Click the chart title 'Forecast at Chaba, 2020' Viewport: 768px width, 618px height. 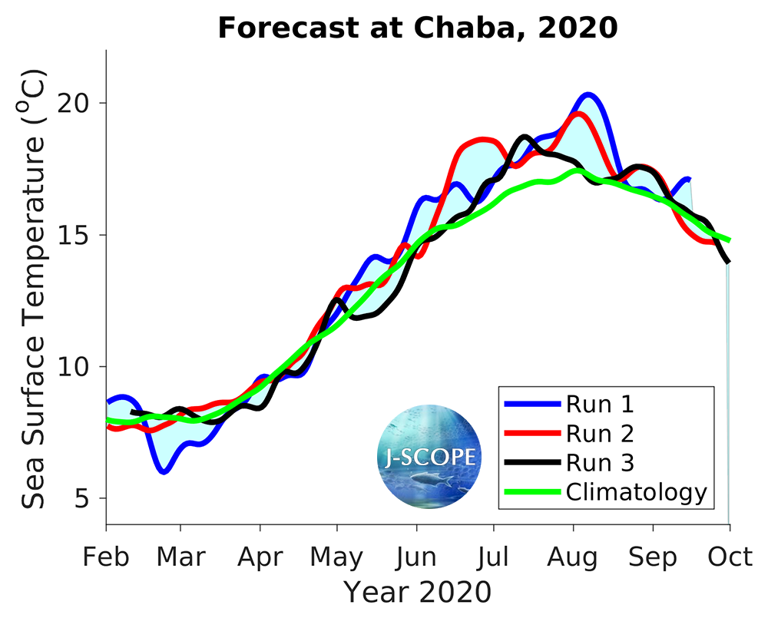click(418, 28)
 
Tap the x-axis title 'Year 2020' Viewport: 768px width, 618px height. click(417, 592)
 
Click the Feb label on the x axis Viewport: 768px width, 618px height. click(106, 557)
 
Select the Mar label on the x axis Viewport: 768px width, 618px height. click(180, 557)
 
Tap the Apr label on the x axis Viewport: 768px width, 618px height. click(260, 557)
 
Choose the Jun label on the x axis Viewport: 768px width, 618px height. click(416, 557)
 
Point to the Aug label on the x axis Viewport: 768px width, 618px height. click(573, 557)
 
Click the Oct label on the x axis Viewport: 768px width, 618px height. click(729, 557)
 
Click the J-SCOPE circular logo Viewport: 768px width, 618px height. click(429, 458)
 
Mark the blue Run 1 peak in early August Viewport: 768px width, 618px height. click(588, 95)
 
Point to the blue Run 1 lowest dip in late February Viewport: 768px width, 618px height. click(164, 471)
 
